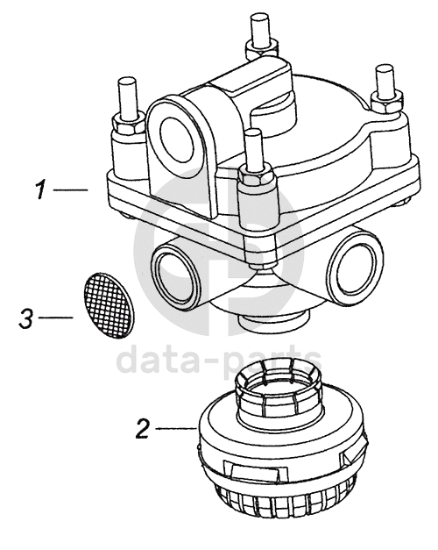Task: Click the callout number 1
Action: [41, 189]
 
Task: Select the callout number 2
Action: [143, 428]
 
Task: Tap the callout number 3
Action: [26, 318]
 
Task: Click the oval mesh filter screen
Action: [109, 305]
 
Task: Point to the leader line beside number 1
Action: [70, 189]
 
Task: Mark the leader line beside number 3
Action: [56, 318]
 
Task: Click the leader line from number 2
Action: [175, 428]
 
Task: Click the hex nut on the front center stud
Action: [256, 175]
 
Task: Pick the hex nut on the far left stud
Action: [127, 123]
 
